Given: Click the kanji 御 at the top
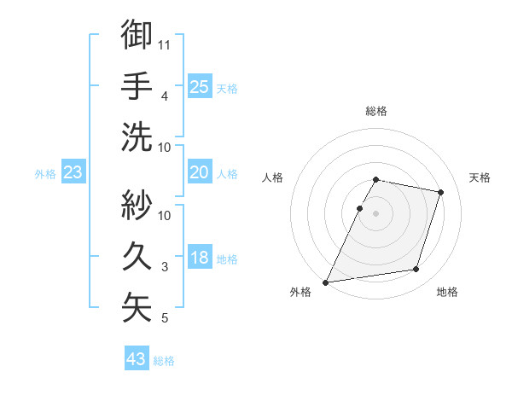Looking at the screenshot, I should pyautogui.click(x=137, y=35).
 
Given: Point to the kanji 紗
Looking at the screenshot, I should pyautogui.click(x=137, y=205).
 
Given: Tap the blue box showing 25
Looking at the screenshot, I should pyautogui.click(x=200, y=86).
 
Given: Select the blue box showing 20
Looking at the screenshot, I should pyautogui.click(x=200, y=172).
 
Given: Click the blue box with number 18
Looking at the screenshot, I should pyautogui.click(x=200, y=259).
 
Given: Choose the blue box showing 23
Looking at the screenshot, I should pyautogui.click(x=73, y=173).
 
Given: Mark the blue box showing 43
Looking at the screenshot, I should pyautogui.click(x=137, y=359).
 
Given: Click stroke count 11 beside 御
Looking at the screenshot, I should pyautogui.click(x=165, y=44).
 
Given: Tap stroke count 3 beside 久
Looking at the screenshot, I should pyautogui.click(x=165, y=267).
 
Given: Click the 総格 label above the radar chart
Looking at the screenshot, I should pyautogui.click(x=376, y=111).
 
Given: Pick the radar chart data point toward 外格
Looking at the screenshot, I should pyautogui.click(x=326, y=282).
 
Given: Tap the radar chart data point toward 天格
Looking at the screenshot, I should pyautogui.click(x=440, y=192).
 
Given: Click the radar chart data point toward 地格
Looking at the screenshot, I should pyautogui.click(x=416, y=270).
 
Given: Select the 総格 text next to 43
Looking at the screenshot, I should pyautogui.click(x=164, y=361).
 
